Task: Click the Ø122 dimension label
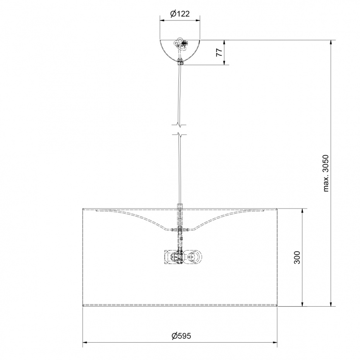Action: [x=180, y=14]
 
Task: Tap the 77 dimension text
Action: [x=219, y=53]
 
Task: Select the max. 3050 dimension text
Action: [x=326, y=173]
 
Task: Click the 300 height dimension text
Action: [x=297, y=257]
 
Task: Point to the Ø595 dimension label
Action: [x=181, y=336]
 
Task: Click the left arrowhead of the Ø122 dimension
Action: [x=162, y=21]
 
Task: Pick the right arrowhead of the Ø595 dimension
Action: [x=275, y=343]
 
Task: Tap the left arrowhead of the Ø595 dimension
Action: [x=85, y=343]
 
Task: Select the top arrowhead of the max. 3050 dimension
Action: [x=331, y=43]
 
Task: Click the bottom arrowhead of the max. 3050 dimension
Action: [x=331, y=303]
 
